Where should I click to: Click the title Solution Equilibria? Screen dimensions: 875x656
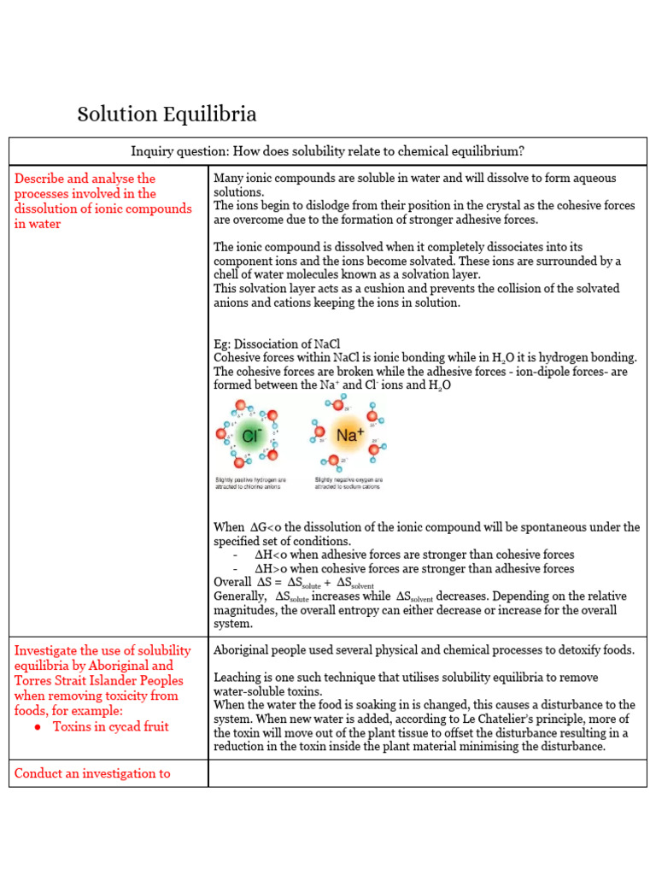pyautogui.click(x=167, y=115)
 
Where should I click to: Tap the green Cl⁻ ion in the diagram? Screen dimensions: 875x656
pyautogui.click(x=250, y=436)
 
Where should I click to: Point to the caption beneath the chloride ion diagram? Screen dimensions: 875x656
pyautogui.click(x=250, y=483)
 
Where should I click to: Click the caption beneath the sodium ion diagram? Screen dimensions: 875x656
pyautogui.click(x=348, y=483)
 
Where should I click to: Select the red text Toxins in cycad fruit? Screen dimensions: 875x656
pyautogui.click(x=111, y=726)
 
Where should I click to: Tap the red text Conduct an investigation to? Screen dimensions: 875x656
pyautogui.click(x=92, y=773)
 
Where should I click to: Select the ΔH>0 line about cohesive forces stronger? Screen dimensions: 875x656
pyautogui.click(x=414, y=568)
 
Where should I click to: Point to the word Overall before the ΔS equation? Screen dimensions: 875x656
pyautogui.click(x=232, y=582)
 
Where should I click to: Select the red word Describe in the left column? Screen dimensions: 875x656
pyautogui.click(x=39, y=179)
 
